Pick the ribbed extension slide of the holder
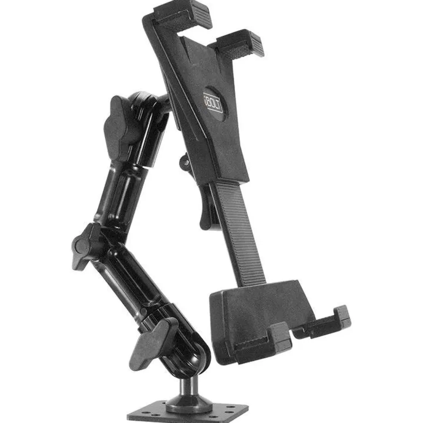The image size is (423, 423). tap(237, 232)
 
